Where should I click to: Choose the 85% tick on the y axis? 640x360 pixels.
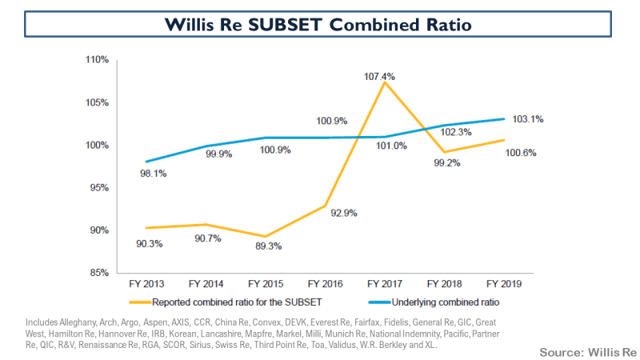click(x=99, y=273)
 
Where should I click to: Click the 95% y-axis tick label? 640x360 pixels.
click(x=99, y=188)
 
